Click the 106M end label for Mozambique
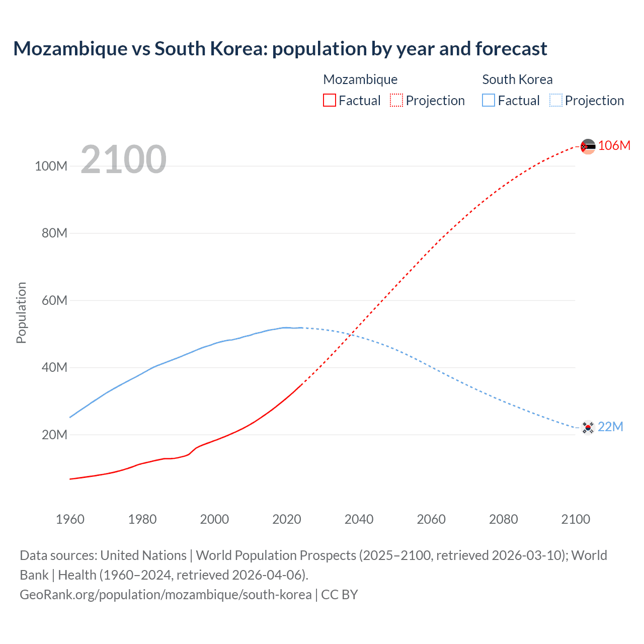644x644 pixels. click(x=614, y=145)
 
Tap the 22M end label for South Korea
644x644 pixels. click(x=610, y=427)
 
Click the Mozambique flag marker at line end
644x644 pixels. click(x=588, y=146)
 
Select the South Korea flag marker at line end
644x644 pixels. click(x=588, y=428)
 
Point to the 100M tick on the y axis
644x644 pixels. click(x=51, y=166)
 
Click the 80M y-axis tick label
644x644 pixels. click(x=54, y=233)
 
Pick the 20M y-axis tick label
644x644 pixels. click(x=54, y=435)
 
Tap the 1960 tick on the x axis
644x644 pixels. click(x=70, y=519)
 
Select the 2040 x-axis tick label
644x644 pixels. click(x=359, y=519)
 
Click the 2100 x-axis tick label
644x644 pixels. click(x=576, y=519)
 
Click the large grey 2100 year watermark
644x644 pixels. click(x=123, y=159)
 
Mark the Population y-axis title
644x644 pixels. click(x=21, y=312)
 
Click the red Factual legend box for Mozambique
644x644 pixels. click(x=330, y=101)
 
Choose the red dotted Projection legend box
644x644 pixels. click(x=396, y=101)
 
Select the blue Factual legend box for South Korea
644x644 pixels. click(x=489, y=101)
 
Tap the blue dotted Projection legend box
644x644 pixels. click(x=555, y=101)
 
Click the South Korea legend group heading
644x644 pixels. click(x=517, y=79)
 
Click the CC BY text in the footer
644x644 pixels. click(x=340, y=594)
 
